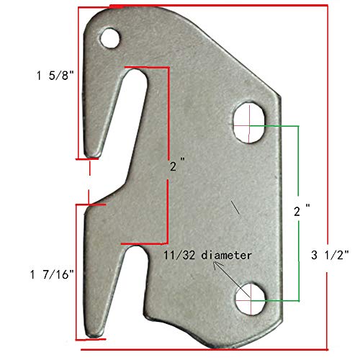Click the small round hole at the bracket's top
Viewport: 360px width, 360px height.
110,37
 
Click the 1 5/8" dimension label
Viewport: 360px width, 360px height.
51,74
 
